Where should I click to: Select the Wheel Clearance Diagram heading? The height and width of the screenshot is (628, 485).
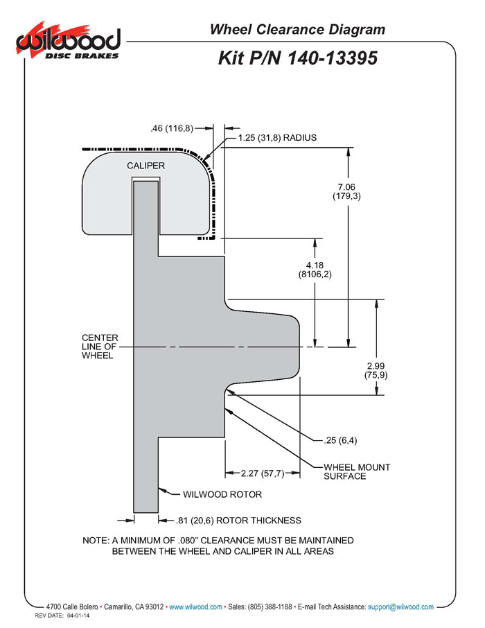click(x=297, y=29)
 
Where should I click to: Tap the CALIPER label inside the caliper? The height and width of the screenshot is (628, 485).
click(x=145, y=166)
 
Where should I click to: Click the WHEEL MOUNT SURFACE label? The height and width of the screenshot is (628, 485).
click(x=357, y=471)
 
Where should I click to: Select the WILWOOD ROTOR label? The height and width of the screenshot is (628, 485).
click(x=222, y=495)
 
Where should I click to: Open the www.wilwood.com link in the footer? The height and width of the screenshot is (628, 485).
click(x=196, y=607)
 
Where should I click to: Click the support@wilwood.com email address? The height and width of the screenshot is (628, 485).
click(x=400, y=607)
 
